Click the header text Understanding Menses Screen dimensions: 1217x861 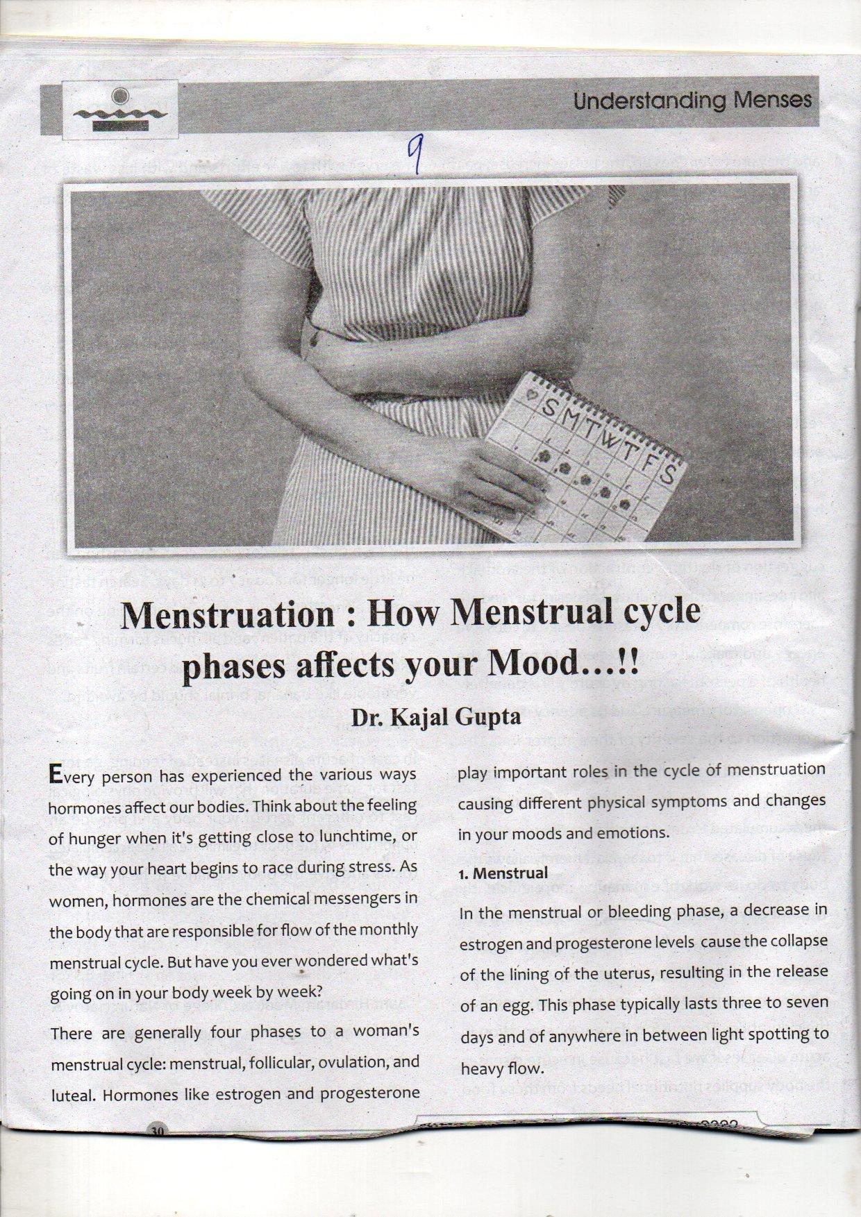coord(692,101)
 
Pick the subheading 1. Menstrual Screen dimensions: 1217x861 coord(503,873)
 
